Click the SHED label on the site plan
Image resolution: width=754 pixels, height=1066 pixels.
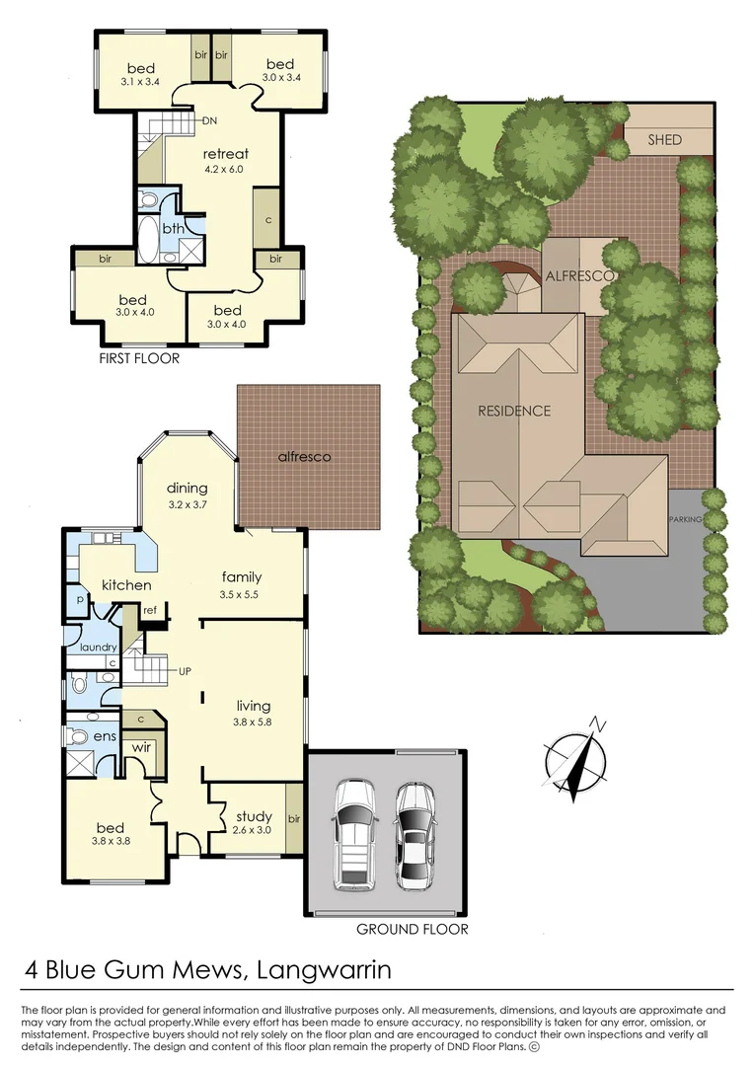[664, 140]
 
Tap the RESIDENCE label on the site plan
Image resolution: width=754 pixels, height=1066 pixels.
[514, 411]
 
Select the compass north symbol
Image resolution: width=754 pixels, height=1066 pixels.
[574, 761]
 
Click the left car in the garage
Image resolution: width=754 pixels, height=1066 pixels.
[354, 831]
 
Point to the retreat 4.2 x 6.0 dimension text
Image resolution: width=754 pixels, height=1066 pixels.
[222, 170]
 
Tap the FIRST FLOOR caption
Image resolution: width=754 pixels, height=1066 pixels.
[139, 358]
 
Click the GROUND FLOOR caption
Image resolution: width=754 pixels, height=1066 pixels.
[412, 929]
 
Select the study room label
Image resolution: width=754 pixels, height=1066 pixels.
[254, 816]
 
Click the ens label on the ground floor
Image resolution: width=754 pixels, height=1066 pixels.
[105, 736]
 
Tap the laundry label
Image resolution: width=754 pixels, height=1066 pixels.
[98, 647]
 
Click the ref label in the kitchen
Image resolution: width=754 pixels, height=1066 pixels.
[150, 610]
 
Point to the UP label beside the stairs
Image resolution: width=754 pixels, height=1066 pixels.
[184, 671]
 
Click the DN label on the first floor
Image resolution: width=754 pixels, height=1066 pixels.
[209, 120]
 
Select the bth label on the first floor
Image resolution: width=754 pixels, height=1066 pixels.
[173, 229]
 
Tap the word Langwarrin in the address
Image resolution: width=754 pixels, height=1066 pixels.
[323, 970]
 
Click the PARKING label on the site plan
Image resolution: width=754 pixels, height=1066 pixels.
[684, 520]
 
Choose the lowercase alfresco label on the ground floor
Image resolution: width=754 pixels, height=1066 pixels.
[303, 457]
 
